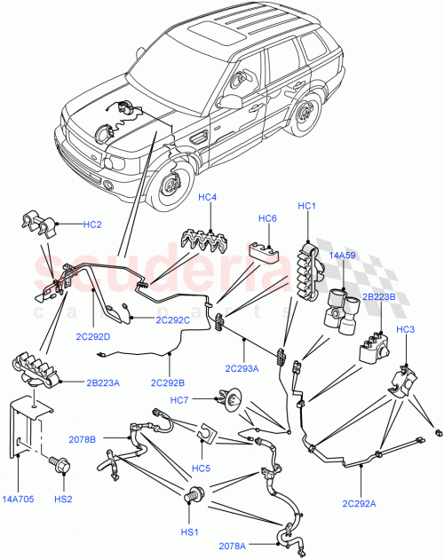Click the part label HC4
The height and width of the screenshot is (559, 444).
click(x=206, y=197)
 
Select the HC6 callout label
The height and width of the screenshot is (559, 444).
click(x=268, y=218)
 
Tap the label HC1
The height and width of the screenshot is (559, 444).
click(x=308, y=206)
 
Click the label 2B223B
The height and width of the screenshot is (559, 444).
click(x=380, y=298)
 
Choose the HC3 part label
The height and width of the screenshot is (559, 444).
click(x=405, y=330)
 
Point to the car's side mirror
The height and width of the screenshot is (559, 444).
click(x=232, y=100)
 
